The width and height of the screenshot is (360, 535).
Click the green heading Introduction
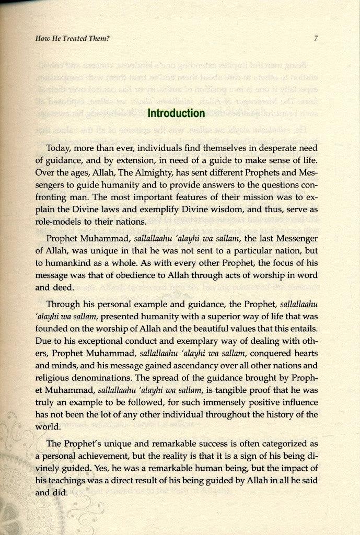[176, 113]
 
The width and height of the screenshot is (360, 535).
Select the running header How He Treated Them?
[70, 38]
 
